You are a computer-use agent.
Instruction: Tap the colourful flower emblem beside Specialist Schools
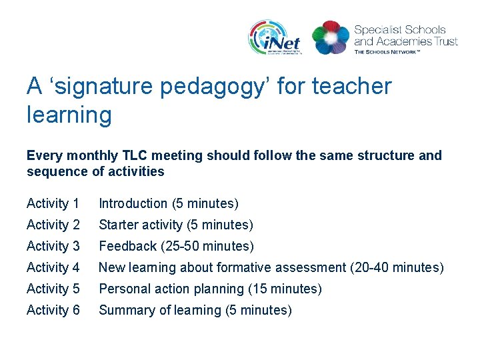click(330, 37)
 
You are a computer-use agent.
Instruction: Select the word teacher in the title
click(351, 87)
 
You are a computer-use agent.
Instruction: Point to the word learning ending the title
click(69, 115)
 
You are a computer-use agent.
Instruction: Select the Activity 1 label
click(53, 203)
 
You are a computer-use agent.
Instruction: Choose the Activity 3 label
click(53, 246)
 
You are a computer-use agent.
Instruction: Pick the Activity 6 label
click(53, 310)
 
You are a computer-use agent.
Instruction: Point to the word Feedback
click(127, 246)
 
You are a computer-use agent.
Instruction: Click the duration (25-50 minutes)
click(207, 246)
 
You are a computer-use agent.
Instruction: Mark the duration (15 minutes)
click(285, 289)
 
